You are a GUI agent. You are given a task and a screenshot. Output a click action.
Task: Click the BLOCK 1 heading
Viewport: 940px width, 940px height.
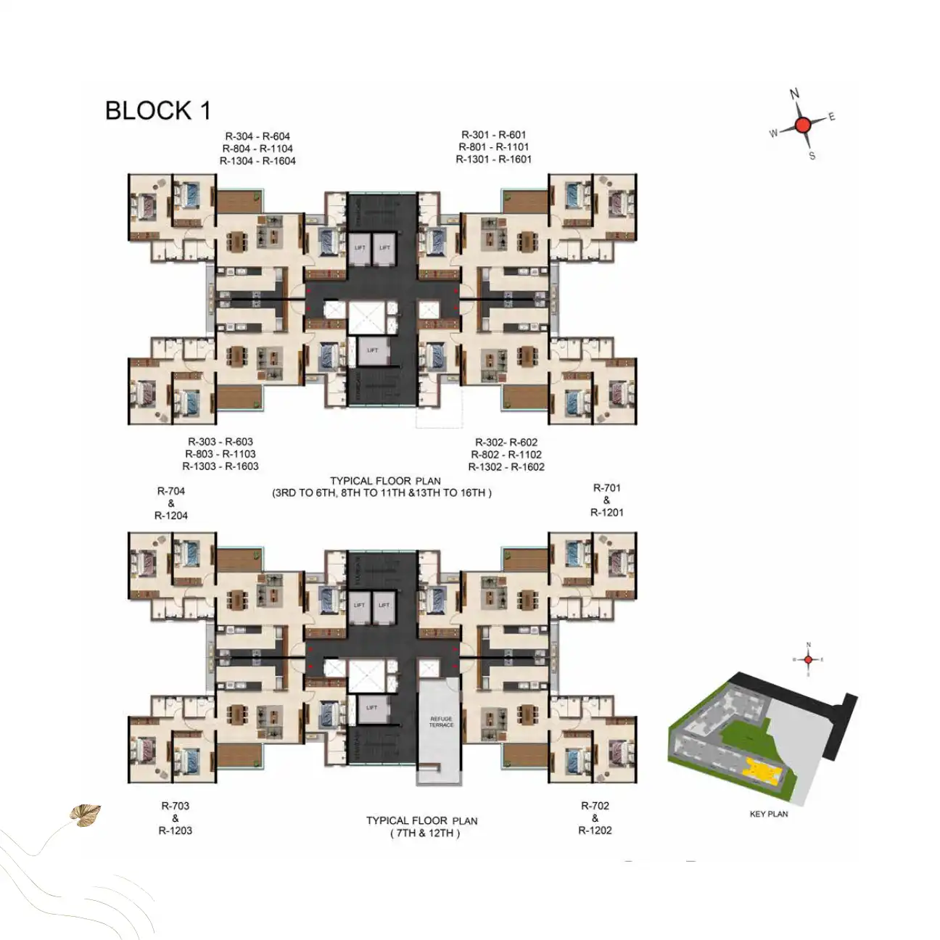pyautogui.click(x=157, y=110)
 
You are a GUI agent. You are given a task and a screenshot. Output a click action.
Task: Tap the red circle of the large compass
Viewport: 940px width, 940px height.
pyautogui.click(x=802, y=125)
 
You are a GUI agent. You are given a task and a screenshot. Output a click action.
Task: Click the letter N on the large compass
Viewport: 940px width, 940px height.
pyautogui.click(x=794, y=94)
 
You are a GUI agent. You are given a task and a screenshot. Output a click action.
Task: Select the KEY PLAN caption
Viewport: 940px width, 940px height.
pyautogui.click(x=768, y=814)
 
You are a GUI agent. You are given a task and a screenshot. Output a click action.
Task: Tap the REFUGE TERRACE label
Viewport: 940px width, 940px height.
pyautogui.click(x=441, y=722)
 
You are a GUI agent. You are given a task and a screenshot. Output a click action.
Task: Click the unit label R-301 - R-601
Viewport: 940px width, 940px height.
pyautogui.click(x=493, y=134)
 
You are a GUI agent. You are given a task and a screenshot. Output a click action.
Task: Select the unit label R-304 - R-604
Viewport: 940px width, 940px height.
pyautogui.click(x=257, y=136)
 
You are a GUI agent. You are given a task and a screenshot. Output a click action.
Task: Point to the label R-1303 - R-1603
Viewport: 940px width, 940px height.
pyautogui.click(x=220, y=466)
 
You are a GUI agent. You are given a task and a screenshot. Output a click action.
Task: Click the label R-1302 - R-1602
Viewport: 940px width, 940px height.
pyautogui.click(x=506, y=466)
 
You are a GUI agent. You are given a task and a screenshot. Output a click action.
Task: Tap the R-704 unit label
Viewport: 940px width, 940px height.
pyautogui.click(x=171, y=491)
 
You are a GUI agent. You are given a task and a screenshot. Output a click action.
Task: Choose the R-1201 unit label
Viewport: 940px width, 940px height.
pyautogui.click(x=606, y=512)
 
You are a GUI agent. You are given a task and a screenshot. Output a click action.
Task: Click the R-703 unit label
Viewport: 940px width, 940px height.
pyautogui.click(x=175, y=805)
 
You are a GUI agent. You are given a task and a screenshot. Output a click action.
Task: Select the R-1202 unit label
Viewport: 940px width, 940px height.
pyautogui.click(x=595, y=830)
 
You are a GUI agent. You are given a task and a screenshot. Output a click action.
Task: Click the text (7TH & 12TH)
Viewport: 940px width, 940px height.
pyautogui.click(x=424, y=833)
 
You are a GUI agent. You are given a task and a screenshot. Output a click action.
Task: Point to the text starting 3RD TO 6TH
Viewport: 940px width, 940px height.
pyautogui.click(x=382, y=493)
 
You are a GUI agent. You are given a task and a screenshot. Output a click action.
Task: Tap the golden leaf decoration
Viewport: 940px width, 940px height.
pyautogui.click(x=85, y=815)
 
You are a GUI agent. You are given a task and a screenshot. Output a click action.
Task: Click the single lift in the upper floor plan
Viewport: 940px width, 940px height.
pyautogui.click(x=372, y=351)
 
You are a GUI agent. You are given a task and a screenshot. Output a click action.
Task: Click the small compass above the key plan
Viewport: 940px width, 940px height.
pyautogui.click(x=808, y=659)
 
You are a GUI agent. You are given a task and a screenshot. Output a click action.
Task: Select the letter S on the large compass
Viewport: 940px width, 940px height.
pyautogui.click(x=812, y=156)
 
